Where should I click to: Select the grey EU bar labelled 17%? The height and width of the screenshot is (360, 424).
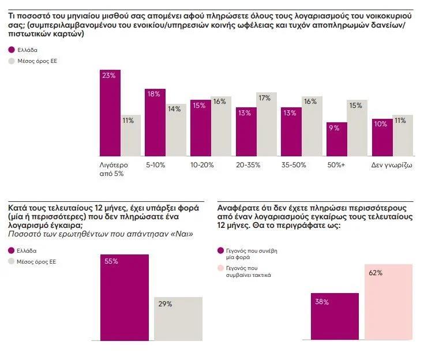pos(266,124)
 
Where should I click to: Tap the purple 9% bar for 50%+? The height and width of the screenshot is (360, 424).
pos(336,139)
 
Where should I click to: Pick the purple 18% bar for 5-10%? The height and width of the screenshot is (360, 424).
pos(155,122)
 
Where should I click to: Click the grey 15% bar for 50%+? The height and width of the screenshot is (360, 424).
pos(357,127)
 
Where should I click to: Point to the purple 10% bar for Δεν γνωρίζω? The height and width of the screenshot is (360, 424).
pos(382,137)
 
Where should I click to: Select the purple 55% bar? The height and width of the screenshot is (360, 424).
pos(125,297)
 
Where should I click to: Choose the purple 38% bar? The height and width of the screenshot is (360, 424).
pos(335,316)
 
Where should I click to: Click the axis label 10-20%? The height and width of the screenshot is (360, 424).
pos(202,165)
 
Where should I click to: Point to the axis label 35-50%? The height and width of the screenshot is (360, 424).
pos(293,165)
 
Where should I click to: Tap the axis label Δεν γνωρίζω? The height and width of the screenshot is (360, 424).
pos(392,165)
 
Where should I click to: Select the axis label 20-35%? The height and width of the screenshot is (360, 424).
pos(248,165)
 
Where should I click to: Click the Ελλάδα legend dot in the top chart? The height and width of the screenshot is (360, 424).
pos(12,50)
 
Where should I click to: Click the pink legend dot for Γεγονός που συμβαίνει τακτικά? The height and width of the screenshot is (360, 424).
pos(220,268)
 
